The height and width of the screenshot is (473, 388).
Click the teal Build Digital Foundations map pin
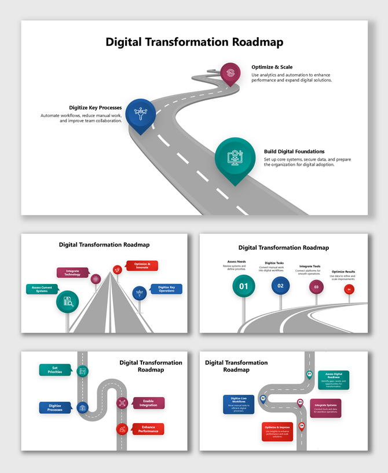(x=235, y=158)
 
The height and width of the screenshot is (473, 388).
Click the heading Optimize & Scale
(x=272, y=67)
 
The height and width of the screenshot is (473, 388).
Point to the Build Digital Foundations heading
(x=294, y=151)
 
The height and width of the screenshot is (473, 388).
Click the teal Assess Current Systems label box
(x=40, y=289)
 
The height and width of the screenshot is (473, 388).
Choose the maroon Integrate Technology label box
(x=72, y=272)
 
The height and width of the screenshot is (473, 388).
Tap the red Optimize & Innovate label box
(x=142, y=265)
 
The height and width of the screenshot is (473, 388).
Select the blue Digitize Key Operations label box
(x=166, y=289)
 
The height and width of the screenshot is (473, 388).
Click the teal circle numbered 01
(x=244, y=286)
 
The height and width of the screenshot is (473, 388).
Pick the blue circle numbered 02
(x=280, y=285)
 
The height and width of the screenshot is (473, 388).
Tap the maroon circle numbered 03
(x=316, y=286)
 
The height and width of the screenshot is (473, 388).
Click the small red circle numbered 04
(x=349, y=289)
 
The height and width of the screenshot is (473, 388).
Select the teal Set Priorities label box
(x=55, y=370)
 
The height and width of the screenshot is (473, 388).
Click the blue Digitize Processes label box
(x=55, y=407)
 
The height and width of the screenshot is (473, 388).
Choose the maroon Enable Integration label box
(x=148, y=402)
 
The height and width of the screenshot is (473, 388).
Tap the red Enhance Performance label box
(x=148, y=429)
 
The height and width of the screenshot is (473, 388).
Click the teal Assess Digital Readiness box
(x=333, y=380)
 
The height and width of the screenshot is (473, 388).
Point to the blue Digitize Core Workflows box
(x=239, y=404)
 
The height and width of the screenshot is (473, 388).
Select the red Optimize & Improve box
(x=277, y=432)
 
